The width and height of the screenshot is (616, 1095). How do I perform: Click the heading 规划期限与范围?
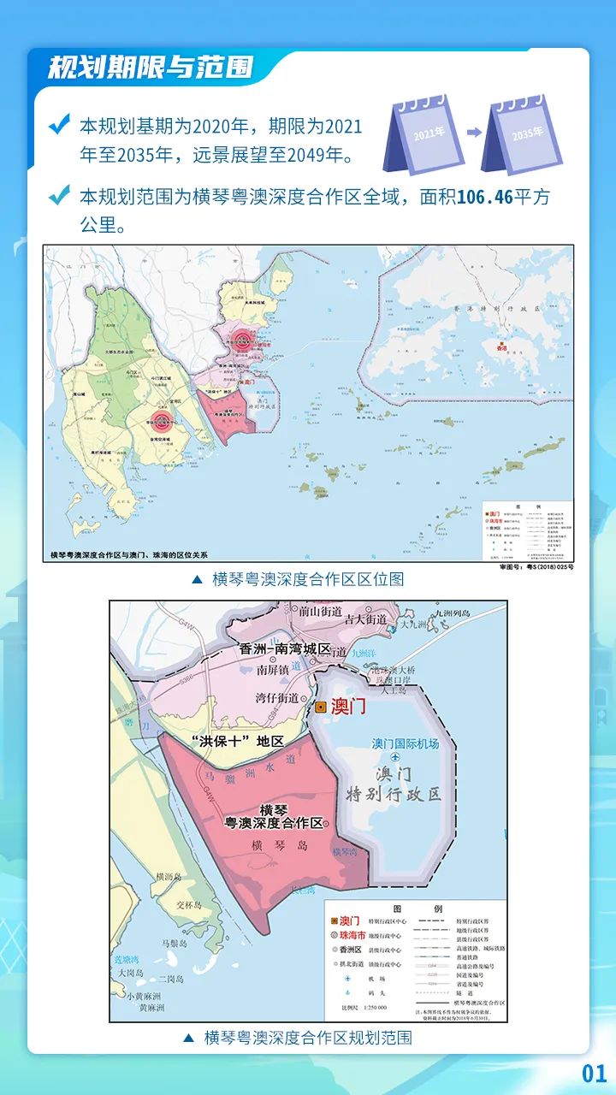point(150,68)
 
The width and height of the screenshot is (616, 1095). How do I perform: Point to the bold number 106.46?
point(484,198)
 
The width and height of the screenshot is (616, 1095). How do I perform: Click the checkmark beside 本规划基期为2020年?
point(59,126)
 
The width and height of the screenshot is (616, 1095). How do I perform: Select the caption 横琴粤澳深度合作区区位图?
point(308,579)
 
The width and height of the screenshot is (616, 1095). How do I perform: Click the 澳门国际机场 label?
point(406,743)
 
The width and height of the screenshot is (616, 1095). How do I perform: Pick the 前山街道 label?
point(320,612)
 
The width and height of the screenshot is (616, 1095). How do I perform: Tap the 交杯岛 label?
point(187,904)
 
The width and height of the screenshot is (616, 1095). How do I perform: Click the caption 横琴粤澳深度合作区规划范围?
point(308,1038)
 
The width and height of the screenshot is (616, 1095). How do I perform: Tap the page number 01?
point(594,1074)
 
